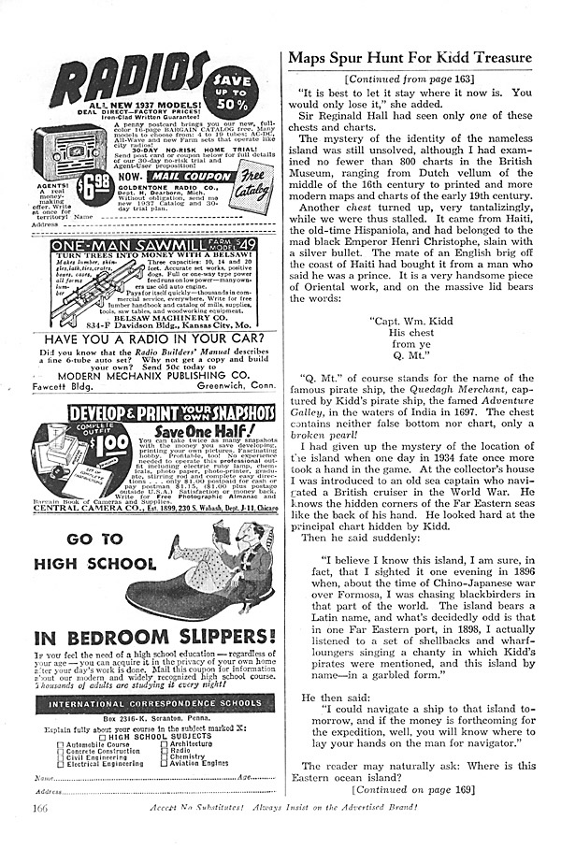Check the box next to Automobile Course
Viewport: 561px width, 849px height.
[62, 745]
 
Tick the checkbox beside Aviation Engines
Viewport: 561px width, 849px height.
[165, 762]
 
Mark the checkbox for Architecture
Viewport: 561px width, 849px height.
[165, 745]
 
